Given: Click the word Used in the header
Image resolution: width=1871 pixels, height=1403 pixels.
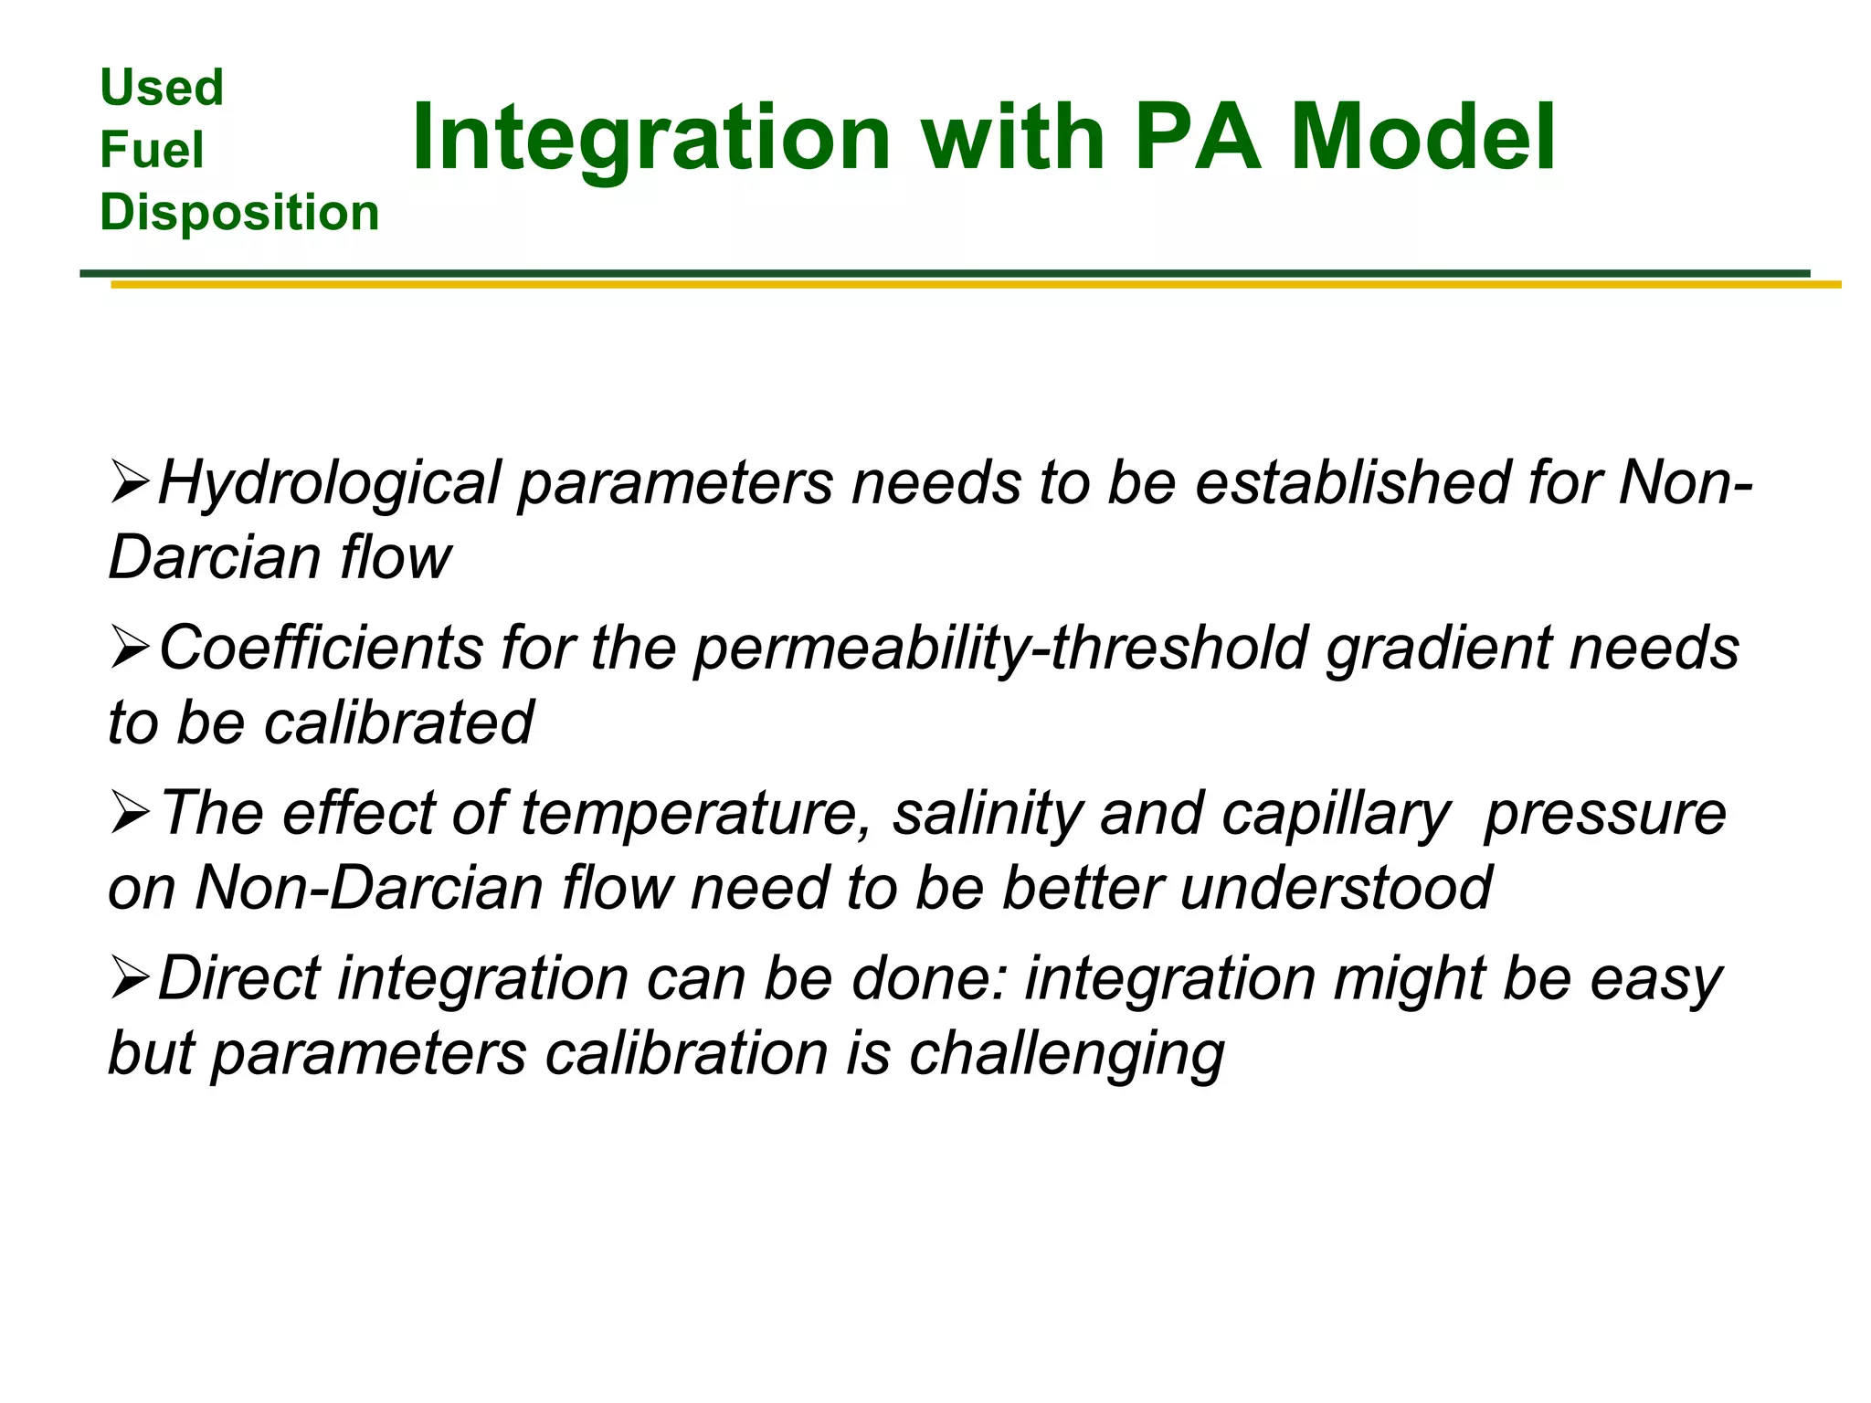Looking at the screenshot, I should coord(162,89).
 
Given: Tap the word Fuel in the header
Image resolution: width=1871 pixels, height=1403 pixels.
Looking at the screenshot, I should coord(152,150).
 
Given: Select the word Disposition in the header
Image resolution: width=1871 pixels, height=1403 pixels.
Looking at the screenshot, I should coord(239,212).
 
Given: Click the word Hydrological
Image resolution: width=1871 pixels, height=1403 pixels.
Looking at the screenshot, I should coord(330,484).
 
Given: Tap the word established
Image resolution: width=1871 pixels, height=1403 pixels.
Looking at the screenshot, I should coord(1352,482).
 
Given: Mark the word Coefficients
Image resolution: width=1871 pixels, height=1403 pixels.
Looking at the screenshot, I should coord(321,649).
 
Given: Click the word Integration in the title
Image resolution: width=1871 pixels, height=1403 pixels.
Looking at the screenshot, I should coord(651,140).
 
